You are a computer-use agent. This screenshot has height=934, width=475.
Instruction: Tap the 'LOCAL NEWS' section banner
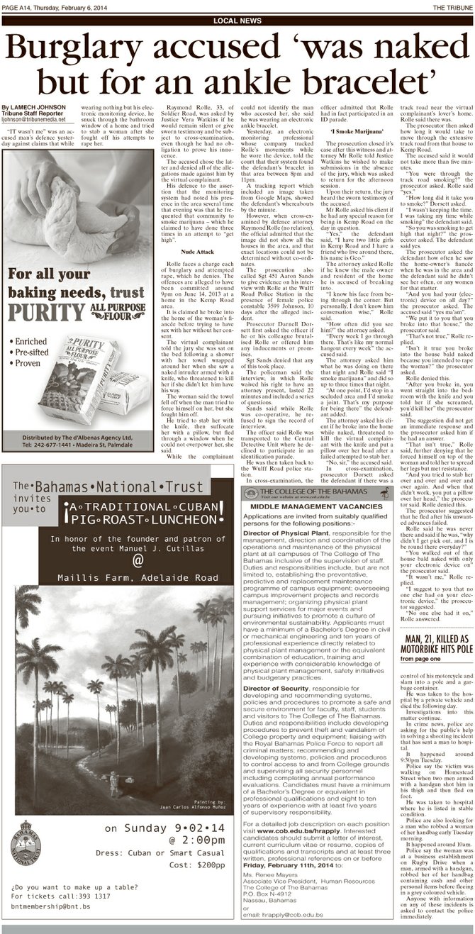click(x=237, y=21)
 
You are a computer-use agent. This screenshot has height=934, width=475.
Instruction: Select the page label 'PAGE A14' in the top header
click(x=21, y=6)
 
